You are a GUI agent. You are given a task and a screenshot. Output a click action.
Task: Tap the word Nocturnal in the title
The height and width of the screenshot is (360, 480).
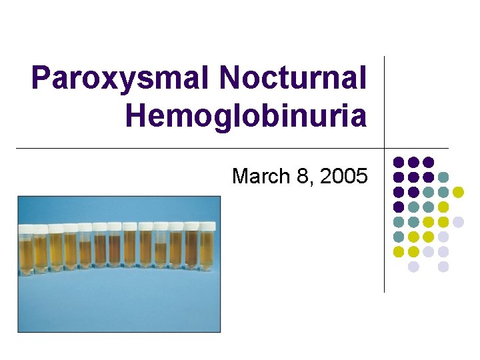(x=293, y=79)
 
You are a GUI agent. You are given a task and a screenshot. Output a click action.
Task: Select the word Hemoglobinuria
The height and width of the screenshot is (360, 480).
(x=245, y=116)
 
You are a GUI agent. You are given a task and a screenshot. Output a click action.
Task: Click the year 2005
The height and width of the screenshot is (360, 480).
(x=343, y=176)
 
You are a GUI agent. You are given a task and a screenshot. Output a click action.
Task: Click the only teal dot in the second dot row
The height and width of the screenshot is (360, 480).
(x=443, y=177)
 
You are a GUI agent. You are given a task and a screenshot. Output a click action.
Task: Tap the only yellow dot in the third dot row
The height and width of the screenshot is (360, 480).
(x=458, y=192)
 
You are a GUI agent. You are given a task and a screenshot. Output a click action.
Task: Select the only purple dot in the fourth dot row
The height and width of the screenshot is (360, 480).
(x=399, y=207)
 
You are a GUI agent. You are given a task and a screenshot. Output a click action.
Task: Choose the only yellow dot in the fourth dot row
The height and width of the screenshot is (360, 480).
(x=443, y=207)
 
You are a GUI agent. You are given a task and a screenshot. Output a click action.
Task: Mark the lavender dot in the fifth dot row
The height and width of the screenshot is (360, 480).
(x=458, y=221)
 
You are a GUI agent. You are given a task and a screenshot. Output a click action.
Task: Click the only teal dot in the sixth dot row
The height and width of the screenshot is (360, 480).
(x=399, y=236)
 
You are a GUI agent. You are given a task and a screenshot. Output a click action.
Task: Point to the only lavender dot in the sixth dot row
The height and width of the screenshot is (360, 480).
(x=443, y=236)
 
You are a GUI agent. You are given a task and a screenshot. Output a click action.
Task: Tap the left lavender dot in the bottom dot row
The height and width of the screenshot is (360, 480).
(x=413, y=266)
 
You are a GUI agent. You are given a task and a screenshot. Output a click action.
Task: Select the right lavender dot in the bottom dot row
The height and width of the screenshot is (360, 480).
(x=443, y=266)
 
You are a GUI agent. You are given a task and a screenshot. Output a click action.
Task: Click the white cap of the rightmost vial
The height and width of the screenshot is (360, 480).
(x=207, y=227)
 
